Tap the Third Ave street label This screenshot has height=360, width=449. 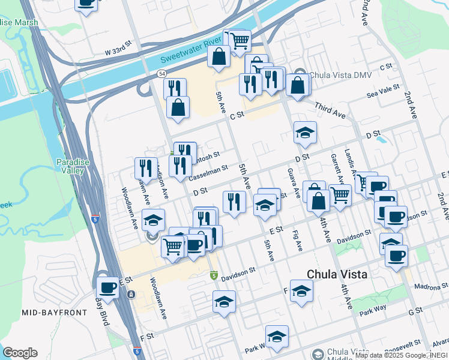[330, 109]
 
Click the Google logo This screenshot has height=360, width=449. [20, 353]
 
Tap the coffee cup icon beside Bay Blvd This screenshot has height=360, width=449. [108, 287]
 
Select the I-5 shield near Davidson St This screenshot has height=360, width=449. [214, 275]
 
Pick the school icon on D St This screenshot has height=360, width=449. [305, 133]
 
